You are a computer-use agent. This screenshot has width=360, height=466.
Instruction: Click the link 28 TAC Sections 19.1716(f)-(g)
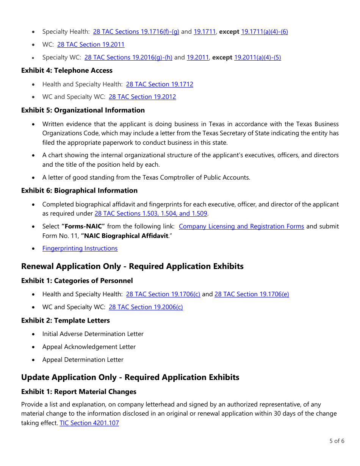(x=136, y=32)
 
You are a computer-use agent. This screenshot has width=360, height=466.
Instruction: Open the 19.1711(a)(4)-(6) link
(x=264, y=32)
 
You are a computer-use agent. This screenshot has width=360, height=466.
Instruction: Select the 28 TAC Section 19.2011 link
(x=91, y=45)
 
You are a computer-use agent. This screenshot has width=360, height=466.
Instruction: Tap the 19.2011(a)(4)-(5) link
(x=257, y=58)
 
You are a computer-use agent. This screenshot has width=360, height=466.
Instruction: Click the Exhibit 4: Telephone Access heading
(x=67, y=70)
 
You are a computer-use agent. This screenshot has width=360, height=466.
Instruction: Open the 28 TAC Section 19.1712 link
(x=160, y=84)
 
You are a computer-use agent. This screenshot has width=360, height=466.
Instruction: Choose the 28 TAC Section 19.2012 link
(x=142, y=97)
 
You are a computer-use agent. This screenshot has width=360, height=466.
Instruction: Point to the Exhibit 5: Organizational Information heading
(x=83, y=110)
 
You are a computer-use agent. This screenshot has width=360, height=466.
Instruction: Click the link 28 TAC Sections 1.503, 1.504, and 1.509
(x=151, y=213)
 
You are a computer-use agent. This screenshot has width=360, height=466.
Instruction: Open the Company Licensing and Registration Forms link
(x=241, y=227)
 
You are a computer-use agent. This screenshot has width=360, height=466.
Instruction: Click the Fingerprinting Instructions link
(x=80, y=249)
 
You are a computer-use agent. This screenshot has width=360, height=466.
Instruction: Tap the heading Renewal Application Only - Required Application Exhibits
(x=132, y=266)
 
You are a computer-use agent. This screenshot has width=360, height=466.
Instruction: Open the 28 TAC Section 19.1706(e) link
(x=252, y=294)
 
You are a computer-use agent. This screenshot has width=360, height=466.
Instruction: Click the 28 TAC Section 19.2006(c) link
(x=146, y=307)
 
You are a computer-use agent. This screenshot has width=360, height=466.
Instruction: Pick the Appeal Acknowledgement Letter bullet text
(x=89, y=347)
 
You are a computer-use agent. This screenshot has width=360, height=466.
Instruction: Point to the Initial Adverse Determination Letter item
(x=93, y=334)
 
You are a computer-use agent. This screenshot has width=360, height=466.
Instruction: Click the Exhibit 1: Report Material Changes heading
(x=79, y=392)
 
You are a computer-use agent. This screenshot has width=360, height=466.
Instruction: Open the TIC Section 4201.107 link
(x=89, y=423)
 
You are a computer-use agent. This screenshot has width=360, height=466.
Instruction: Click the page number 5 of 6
(x=337, y=441)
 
